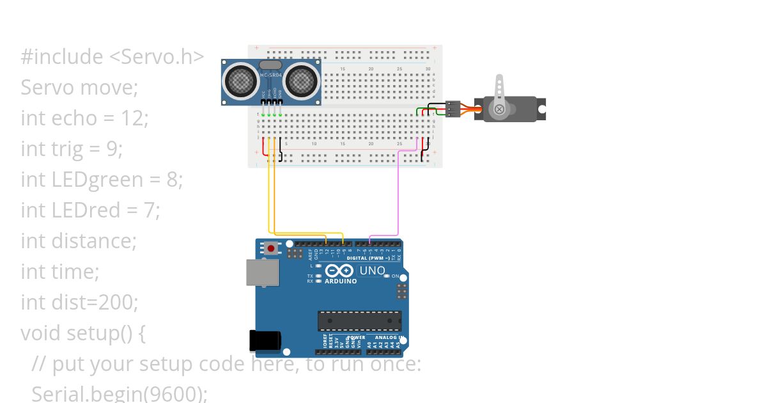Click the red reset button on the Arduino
click(x=271, y=248)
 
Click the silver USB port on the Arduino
click(x=263, y=272)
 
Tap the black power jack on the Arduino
click(x=265, y=340)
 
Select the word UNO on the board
click(x=372, y=271)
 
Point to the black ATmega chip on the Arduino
click(x=360, y=321)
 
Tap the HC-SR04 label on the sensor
click(x=271, y=75)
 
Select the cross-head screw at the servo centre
click(x=500, y=109)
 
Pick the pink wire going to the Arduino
click(x=399, y=192)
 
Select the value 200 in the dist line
click(x=118, y=302)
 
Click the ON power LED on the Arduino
click(x=387, y=276)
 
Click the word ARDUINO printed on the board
click(x=340, y=281)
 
